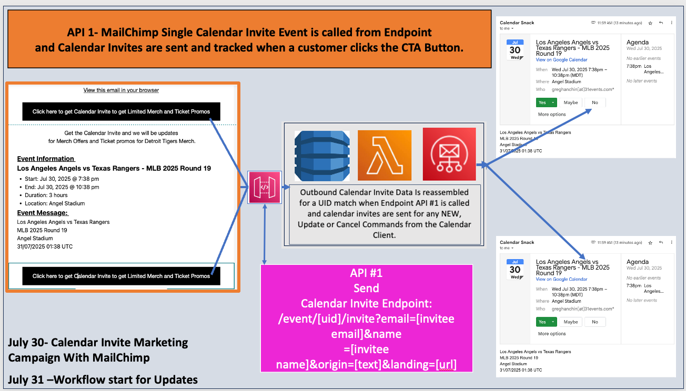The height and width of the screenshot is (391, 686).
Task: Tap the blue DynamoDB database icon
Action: pos(322,155)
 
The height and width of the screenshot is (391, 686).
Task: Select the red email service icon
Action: pos(449,155)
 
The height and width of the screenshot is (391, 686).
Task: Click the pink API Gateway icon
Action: pos(265,187)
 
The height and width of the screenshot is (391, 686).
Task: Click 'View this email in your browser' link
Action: pos(121,90)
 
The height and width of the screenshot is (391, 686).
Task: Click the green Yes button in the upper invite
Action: pos(542,102)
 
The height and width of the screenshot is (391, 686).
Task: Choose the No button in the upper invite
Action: pos(595,102)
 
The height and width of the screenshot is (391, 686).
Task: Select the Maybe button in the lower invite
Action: pos(571,322)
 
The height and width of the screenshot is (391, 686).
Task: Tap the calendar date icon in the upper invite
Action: pos(514,49)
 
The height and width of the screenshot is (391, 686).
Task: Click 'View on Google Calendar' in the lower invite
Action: pos(561,280)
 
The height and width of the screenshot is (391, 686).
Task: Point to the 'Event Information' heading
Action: pos(46,159)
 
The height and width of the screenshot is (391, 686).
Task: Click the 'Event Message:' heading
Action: pos(43,213)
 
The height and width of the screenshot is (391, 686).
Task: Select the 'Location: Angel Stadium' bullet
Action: pos(54,203)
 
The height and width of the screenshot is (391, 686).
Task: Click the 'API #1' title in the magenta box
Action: pos(366,274)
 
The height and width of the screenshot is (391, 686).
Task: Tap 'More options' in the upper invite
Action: pos(552,114)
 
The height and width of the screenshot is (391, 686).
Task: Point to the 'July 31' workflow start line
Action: pos(103,379)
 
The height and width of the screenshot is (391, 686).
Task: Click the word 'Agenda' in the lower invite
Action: pos(638,262)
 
